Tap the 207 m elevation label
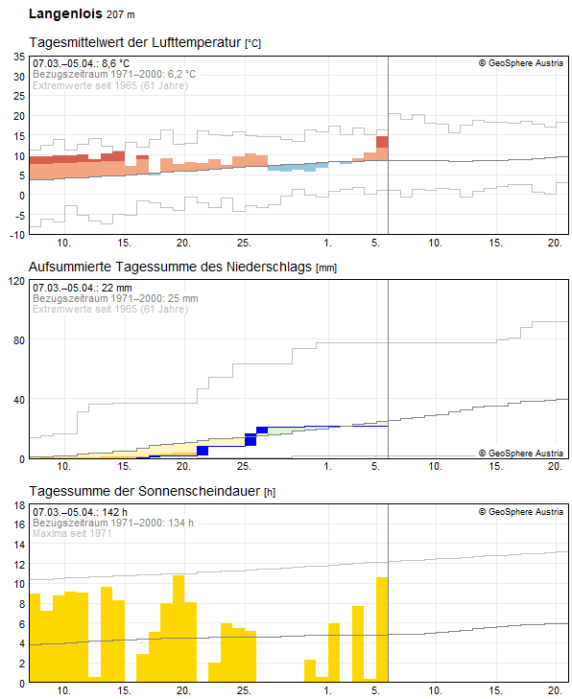pos(121,15)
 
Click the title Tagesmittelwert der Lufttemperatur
pos(136,44)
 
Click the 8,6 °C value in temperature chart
pos(116,63)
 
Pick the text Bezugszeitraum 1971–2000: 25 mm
pos(114,298)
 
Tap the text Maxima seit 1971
pos(72,533)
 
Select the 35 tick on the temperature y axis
pos(17,57)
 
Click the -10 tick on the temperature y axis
pos(15,234)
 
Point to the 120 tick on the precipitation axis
pos(14,281)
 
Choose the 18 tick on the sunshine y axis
pos(17,504)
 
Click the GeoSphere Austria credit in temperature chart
pos(520,63)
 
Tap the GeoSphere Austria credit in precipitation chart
pos(520,453)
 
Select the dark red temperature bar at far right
pos(382,142)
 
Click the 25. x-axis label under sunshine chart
pos(244,690)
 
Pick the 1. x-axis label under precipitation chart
pos(328,466)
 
